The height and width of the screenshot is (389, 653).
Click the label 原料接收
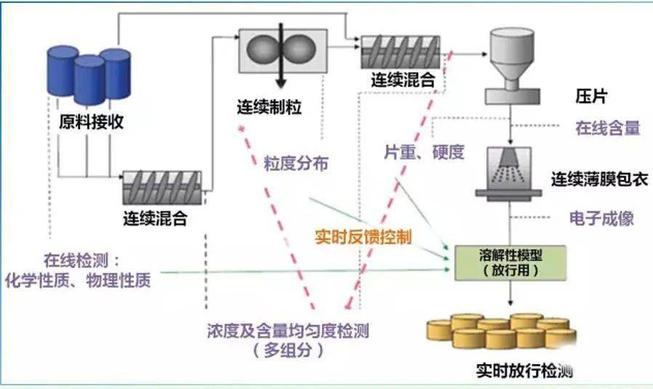(91, 122)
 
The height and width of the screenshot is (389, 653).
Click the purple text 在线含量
(607, 129)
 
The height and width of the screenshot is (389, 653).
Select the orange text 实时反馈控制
(363, 237)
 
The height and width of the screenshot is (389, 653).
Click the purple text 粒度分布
(295, 164)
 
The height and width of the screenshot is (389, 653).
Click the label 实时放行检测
(524, 370)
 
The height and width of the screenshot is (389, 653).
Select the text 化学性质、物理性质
(79, 280)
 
